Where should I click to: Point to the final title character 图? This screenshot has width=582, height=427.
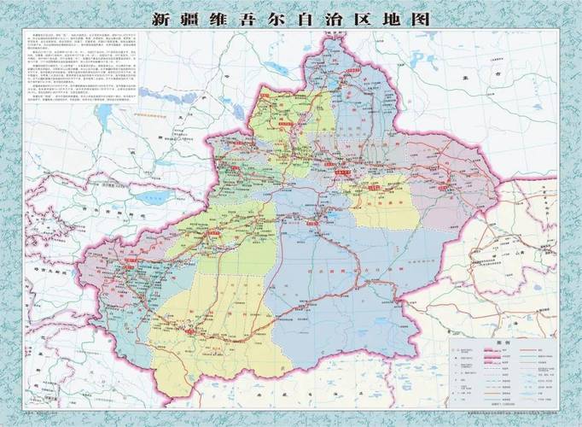pyautogui.click(x=421, y=18)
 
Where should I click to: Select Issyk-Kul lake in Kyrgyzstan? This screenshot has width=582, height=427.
pyautogui.click(x=150, y=197)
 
